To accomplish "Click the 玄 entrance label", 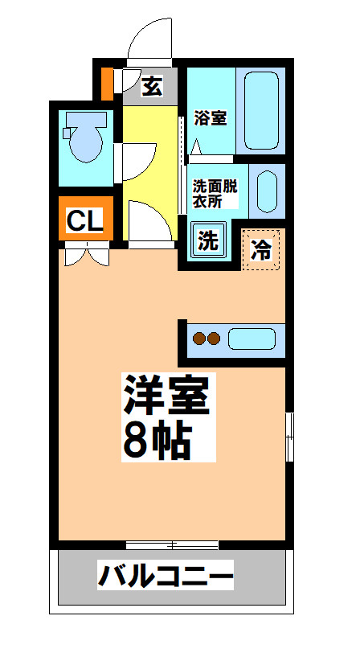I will tap(151, 85).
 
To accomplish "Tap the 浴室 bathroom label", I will tap(210, 117).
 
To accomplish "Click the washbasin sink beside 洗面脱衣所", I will tap(268, 190).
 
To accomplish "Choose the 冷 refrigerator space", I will tap(261, 248).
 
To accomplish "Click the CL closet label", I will tap(84, 221).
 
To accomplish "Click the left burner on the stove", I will tap(198, 339).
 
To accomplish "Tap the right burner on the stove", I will tap(213, 339).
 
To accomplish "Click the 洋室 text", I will tap(166, 393).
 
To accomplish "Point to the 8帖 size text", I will tap(157, 437).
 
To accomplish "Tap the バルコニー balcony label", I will tap(166, 577).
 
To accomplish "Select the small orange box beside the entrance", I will tap(107, 82).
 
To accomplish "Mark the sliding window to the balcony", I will tap(171, 545).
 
